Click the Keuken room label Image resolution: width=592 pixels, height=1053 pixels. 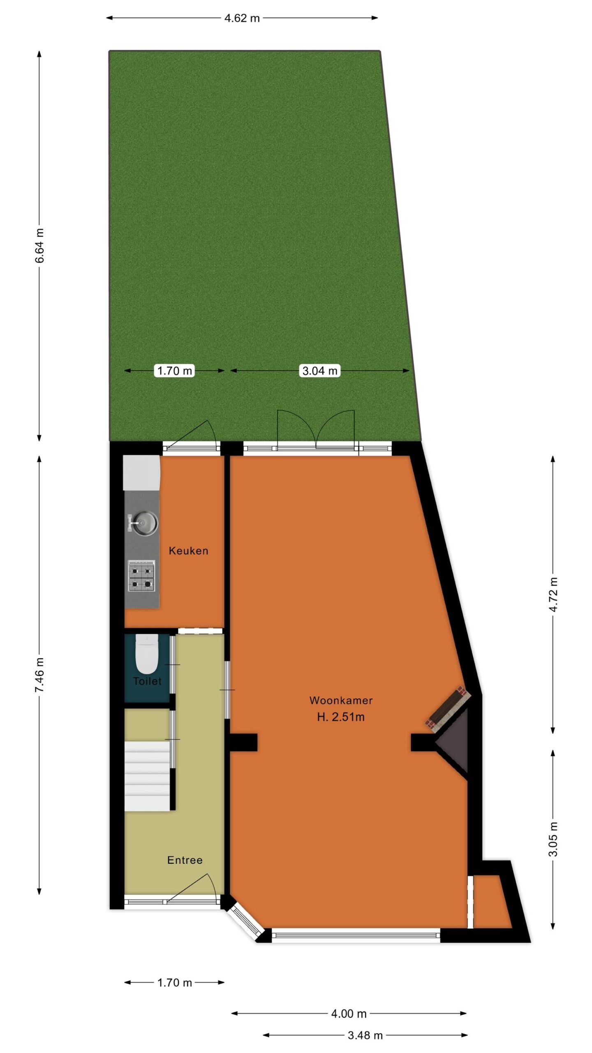[x=188, y=551]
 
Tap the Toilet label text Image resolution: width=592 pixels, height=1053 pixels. [x=147, y=681]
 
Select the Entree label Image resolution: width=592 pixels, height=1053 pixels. [x=185, y=860]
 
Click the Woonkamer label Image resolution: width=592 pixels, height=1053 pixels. [x=341, y=700]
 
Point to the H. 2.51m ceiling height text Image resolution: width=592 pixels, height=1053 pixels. [x=341, y=717]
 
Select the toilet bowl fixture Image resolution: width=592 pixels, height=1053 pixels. [x=147, y=654]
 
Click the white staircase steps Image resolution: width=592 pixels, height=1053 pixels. [x=147, y=776]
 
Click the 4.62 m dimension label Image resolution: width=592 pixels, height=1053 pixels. [x=242, y=18]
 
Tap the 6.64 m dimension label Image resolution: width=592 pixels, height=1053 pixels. [x=39, y=245]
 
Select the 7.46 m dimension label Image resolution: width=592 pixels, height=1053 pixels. [x=39, y=675]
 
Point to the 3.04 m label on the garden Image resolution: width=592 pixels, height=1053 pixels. [x=320, y=371]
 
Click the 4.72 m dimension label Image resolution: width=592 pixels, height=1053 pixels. [x=553, y=594]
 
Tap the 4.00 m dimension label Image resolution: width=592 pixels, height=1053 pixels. [x=349, y=1014]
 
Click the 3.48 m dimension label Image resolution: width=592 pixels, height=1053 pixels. [x=365, y=1035]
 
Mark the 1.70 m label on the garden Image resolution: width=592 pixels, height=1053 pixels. [x=175, y=371]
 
